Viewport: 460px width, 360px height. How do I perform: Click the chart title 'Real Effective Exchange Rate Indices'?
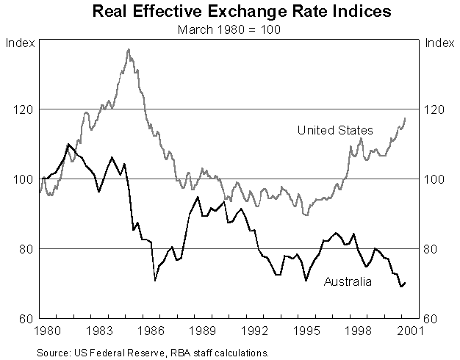click(230, 12)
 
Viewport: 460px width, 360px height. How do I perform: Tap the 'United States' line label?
click(334, 130)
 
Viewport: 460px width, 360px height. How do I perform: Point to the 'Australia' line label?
click(348, 281)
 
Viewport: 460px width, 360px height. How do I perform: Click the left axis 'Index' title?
click(20, 41)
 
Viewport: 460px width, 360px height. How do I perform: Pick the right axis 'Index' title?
click(439, 41)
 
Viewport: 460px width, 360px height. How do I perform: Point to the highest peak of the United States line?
click(129, 49)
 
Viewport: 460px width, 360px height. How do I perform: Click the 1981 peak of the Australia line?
click(68, 144)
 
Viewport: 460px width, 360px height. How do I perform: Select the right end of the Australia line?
click(405, 283)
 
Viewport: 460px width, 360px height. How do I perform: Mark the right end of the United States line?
click(405, 118)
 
